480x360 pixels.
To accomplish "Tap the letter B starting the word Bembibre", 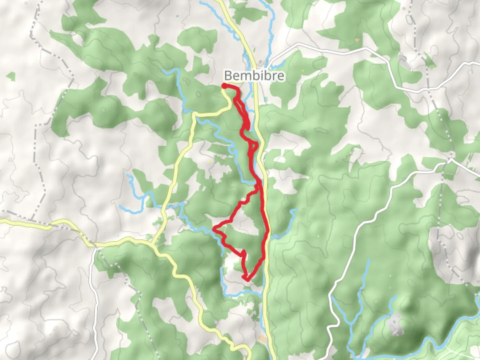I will coord(228,75).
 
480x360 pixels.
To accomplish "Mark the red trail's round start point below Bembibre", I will coord(224,86).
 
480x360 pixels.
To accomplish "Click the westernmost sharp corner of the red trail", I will coord(214,229).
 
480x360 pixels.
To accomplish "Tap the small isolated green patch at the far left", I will coord(11,76).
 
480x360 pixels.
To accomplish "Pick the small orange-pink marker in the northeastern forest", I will coord(357,40).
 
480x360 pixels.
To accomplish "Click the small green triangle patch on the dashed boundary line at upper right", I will coord(430,62).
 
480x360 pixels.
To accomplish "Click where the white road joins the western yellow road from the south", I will coord(96,247).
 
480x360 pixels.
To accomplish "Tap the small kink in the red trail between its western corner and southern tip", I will coord(244,253).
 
